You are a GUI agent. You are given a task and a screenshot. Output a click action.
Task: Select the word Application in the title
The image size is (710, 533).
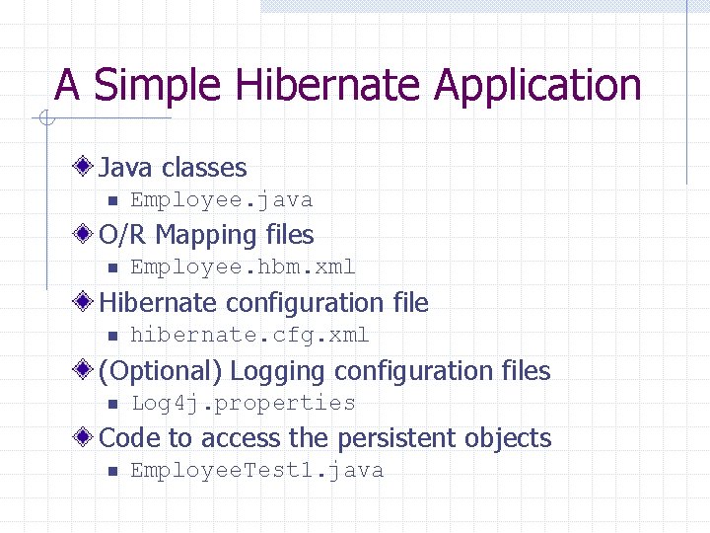point(537,87)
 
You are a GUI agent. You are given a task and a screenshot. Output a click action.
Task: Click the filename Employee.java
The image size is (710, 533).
point(222,200)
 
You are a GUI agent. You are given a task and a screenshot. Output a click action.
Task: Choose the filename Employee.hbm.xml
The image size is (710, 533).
point(243,267)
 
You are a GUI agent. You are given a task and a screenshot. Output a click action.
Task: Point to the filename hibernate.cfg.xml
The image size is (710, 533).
point(249,336)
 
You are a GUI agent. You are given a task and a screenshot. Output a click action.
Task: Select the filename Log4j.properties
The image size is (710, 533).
point(243,403)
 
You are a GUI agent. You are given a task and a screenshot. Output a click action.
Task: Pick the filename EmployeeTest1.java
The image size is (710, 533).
point(256,471)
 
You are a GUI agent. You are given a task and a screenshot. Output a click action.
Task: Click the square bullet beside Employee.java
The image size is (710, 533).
point(111,201)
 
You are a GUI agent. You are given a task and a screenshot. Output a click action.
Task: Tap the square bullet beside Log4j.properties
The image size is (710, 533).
point(111,404)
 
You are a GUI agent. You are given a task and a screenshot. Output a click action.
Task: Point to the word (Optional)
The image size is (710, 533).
point(162,372)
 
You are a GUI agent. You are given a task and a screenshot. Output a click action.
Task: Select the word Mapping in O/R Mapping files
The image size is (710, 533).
point(206,236)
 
